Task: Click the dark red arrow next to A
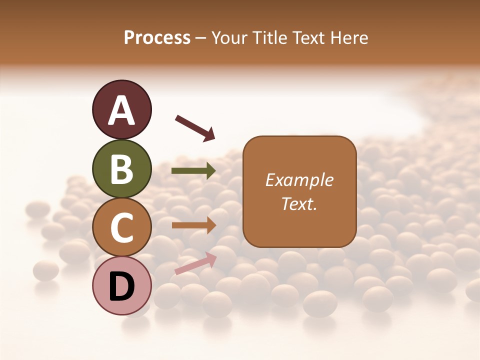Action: pyautogui.click(x=195, y=127)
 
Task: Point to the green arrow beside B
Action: pyautogui.click(x=193, y=171)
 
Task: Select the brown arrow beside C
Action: pyautogui.click(x=193, y=225)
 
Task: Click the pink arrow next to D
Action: pyautogui.click(x=195, y=263)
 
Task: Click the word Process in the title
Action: pyautogui.click(x=157, y=37)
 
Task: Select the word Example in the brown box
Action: pyautogui.click(x=299, y=180)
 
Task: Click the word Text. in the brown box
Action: pyautogui.click(x=299, y=203)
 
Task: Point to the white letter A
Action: pyautogui.click(x=121, y=110)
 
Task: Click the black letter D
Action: pyautogui.click(x=121, y=286)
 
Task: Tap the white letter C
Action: pyautogui.click(x=121, y=228)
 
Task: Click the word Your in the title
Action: pyautogui.click(x=228, y=37)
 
